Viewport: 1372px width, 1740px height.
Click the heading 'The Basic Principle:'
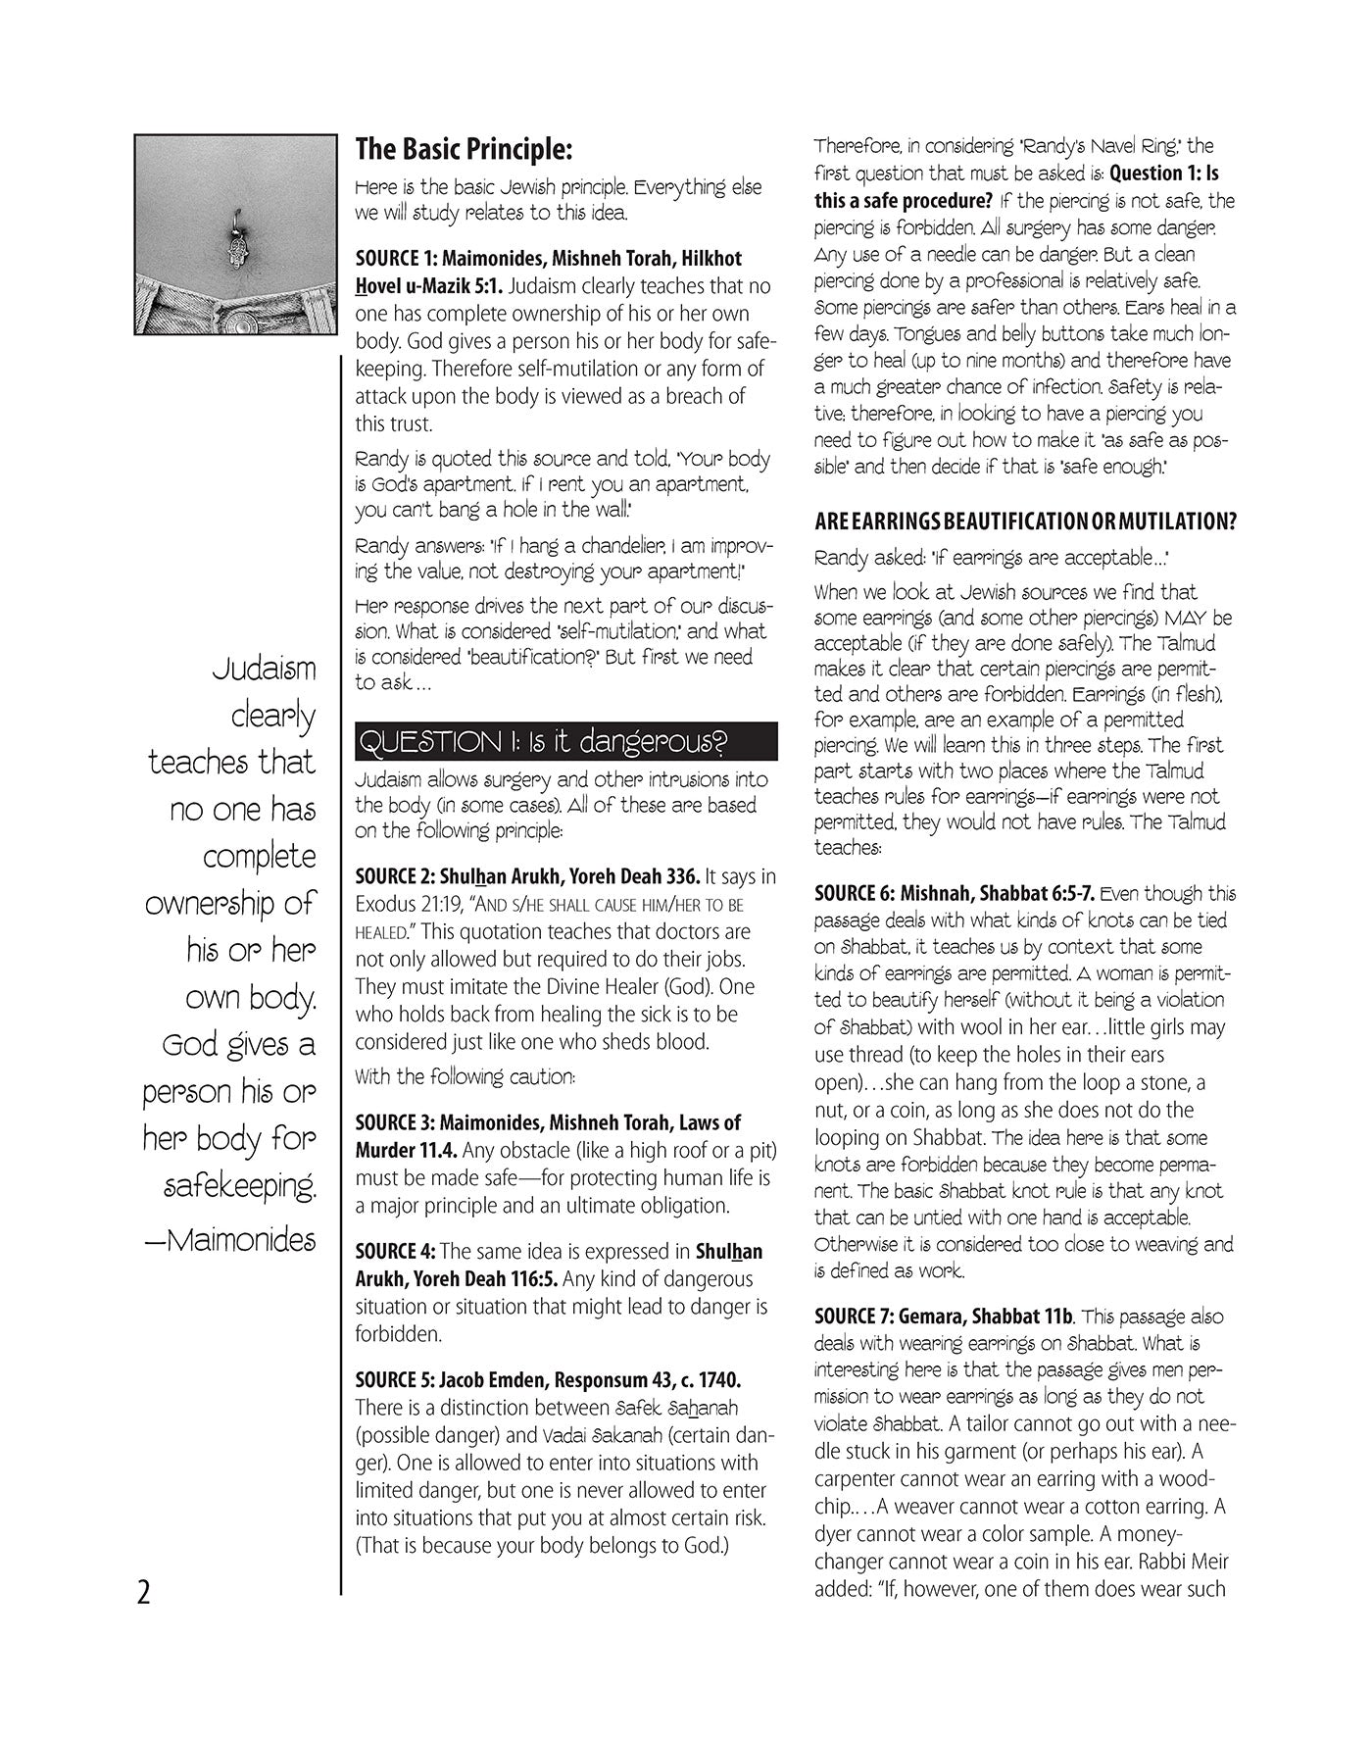[463, 149]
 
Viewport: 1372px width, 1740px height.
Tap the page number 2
[144, 1593]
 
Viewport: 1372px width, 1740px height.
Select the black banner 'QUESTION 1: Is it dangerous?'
[565, 742]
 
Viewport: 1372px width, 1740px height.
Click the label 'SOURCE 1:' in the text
[396, 259]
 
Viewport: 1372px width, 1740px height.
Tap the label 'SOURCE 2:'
[396, 876]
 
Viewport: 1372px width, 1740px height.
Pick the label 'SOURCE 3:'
[396, 1122]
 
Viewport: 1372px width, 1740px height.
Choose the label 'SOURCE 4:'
[396, 1252]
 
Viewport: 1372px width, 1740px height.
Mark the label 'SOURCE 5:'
[396, 1380]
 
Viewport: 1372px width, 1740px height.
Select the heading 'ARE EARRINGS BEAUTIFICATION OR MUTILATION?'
[1024, 522]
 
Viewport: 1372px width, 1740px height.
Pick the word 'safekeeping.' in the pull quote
[239, 1187]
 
